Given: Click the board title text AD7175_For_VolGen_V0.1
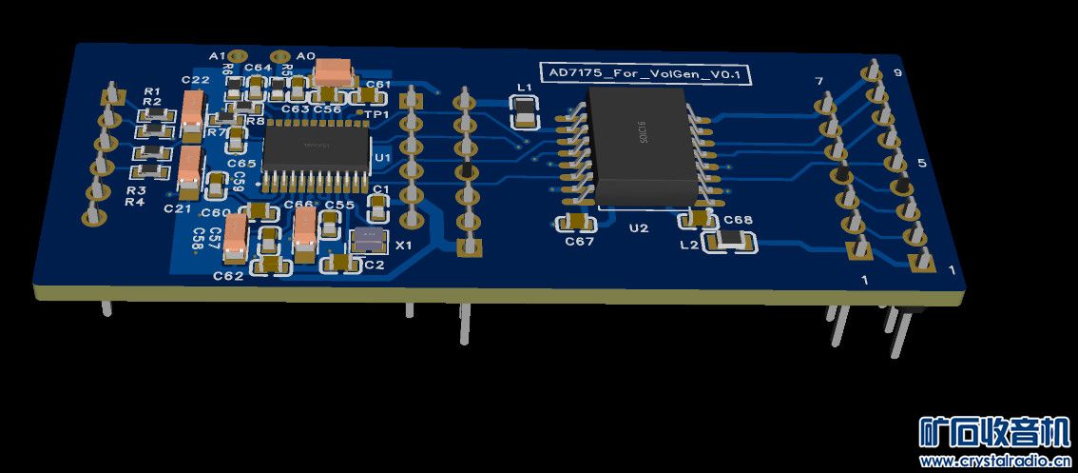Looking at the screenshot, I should coord(645,74).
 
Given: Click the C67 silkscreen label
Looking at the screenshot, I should coord(579,242).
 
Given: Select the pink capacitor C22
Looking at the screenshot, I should coord(194,113).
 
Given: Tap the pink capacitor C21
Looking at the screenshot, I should coord(189,168).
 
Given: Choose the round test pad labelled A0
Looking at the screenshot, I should coord(281,57).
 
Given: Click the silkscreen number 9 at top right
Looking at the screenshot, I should coord(898,73).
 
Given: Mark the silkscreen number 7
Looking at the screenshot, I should coord(819,82).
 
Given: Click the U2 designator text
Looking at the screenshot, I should coord(638,228).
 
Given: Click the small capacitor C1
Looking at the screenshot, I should coord(380,203).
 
